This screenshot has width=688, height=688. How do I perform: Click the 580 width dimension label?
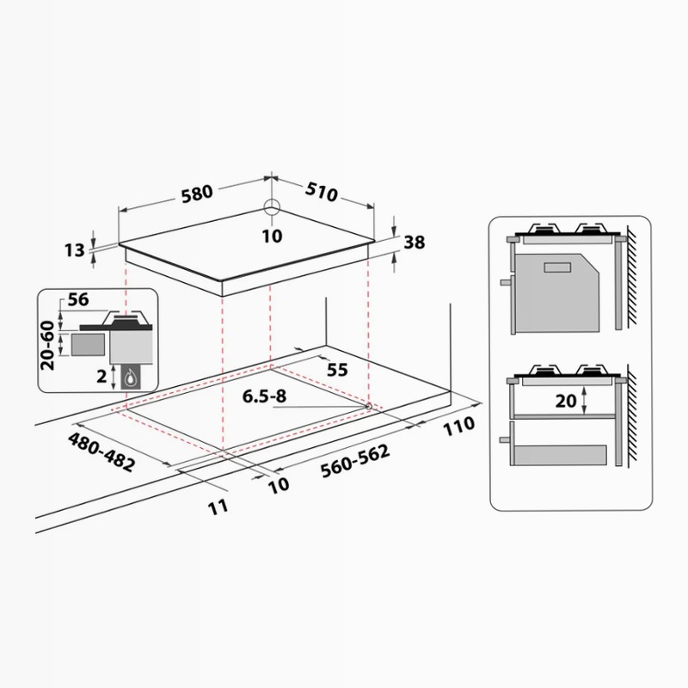197,193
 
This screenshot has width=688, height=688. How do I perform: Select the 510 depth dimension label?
322,192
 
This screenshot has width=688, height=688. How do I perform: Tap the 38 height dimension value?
415,243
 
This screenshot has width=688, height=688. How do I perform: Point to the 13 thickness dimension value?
75,250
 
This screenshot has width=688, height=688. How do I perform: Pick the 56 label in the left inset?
78,299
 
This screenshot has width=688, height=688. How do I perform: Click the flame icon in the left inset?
131,378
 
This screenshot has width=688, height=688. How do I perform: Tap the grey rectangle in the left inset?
88,345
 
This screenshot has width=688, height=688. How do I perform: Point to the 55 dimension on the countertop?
337,370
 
